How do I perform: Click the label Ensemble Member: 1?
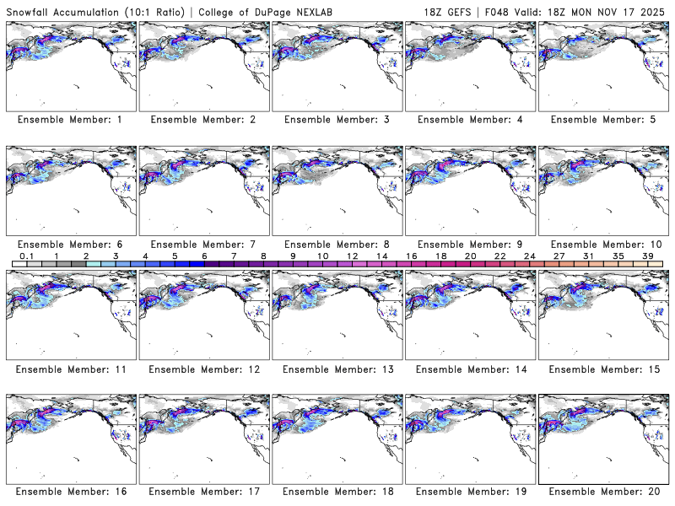click(x=69, y=120)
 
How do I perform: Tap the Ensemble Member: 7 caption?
click(x=202, y=244)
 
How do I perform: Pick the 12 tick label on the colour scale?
click(x=352, y=255)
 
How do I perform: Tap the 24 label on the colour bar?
click(x=529, y=255)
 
